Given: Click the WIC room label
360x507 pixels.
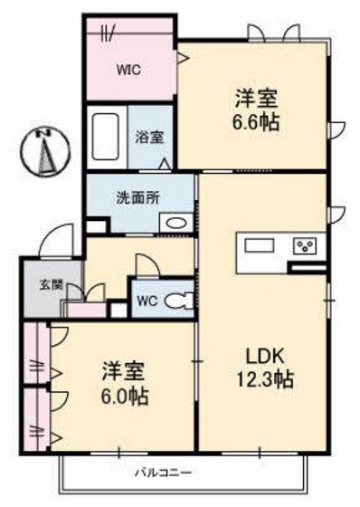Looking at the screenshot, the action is pos(128,70).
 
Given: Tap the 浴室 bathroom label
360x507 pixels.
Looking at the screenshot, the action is pos(149,138).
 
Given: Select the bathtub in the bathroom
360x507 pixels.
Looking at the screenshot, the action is pos(105,137).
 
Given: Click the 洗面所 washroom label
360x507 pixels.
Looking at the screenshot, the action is pos(138,198).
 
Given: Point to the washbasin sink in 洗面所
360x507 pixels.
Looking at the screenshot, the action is pos(176,223).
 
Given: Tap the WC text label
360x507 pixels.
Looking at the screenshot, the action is pos(147,301).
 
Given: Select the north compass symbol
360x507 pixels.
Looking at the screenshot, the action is pos(45,151).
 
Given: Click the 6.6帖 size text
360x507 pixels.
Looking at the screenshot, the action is pos(256,122).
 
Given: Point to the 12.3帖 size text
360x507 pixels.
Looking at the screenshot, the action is pos(265,379).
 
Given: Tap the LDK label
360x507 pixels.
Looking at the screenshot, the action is pos(265,356).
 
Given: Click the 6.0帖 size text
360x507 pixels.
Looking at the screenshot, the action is pos(125,397).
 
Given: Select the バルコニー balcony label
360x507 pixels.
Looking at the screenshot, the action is pos(163,473).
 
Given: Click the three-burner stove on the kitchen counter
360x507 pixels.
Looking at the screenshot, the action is pos(305,246).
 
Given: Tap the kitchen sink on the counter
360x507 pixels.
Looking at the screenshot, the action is pos(260,245).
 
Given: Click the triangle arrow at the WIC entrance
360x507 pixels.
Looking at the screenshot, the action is pos(184,58).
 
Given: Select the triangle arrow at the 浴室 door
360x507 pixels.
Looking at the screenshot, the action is pos(165,164).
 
